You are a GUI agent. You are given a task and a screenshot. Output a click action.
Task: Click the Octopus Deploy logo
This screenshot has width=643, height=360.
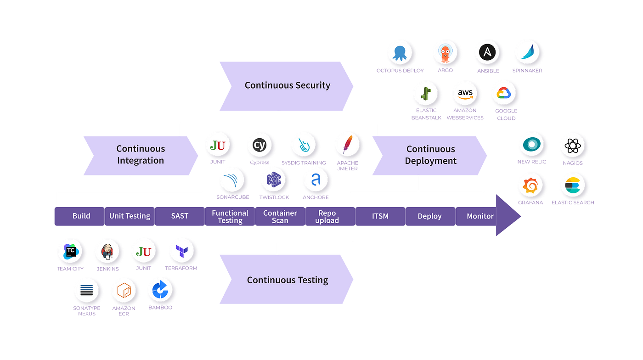pyautogui.click(x=400, y=53)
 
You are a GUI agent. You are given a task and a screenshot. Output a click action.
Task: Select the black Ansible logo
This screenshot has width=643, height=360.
pyautogui.click(x=487, y=52)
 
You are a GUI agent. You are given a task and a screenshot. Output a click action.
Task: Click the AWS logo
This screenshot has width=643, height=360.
pyautogui.click(x=465, y=94)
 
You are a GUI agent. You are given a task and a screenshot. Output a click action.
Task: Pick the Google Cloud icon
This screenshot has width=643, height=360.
pyautogui.click(x=504, y=93)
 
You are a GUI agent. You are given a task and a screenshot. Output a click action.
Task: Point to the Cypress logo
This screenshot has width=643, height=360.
pyautogui.click(x=259, y=145)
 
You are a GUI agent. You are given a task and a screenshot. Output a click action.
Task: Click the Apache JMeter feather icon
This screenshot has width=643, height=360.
pyautogui.click(x=348, y=144)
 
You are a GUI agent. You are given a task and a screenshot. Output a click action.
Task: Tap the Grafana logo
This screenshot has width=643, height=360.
pyautogui.click(x=530, y=185)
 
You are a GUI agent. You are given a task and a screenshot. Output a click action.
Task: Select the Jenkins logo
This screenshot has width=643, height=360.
pyautogui.click(x=107, y=252)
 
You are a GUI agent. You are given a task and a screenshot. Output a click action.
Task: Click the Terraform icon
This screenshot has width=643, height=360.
pyautogui.click(x=181, y=251)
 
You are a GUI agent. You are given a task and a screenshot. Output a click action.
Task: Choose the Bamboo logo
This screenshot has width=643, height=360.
pyautogui.click(x=160, y=289)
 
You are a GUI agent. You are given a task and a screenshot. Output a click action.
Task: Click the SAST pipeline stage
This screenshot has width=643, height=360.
pyautogui.click(x=180, y=216)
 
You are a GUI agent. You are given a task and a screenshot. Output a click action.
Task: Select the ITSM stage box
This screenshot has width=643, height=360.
pyautogui.click(x=380, y=216)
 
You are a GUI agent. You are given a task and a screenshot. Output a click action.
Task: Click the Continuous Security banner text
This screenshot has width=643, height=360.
pyautogui.click(x=288, y=85)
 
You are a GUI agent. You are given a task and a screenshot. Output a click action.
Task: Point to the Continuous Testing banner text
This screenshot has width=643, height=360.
pyautogui.click(x=288, y=280)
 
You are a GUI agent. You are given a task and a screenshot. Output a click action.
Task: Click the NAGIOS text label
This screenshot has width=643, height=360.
pyautogui.click(x=572, y=163)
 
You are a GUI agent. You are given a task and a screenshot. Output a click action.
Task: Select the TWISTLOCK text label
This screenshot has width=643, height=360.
pyautogui.click(x=274, y=197)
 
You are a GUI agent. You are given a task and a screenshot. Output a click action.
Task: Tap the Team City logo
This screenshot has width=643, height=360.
pyautogui.click(x=71, y=252)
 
